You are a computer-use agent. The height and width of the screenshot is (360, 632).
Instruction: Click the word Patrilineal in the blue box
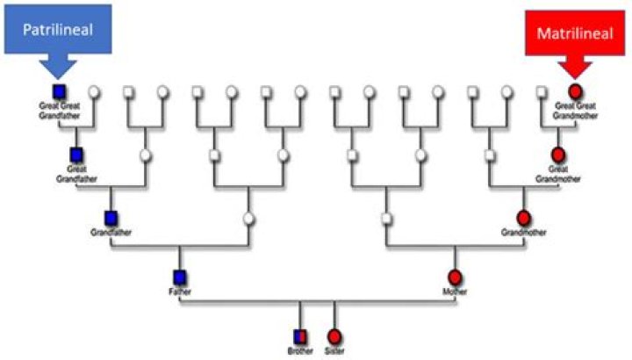58,30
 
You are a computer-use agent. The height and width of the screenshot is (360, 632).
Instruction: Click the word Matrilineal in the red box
575,33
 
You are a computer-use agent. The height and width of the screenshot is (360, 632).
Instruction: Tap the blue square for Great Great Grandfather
60,92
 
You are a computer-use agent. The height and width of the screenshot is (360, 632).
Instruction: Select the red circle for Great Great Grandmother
575,92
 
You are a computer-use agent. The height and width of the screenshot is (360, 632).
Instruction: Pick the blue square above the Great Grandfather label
76,155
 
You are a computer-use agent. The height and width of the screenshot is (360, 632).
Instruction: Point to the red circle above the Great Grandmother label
558,155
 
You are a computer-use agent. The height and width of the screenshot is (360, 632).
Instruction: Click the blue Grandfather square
111,219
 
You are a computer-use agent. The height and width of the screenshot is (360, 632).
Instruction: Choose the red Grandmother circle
523,219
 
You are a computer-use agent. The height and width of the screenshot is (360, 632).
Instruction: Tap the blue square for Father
180,277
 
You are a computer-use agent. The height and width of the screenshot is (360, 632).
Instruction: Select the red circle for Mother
455,277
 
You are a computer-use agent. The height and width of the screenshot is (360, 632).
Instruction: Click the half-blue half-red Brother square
300,336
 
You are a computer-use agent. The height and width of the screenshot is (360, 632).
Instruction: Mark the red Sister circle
334,336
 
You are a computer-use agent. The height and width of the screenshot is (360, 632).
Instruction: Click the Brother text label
300,350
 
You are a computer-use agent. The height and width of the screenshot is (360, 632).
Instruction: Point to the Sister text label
334,350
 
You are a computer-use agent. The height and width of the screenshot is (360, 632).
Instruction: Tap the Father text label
180,291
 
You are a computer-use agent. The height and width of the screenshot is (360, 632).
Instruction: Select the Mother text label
455,291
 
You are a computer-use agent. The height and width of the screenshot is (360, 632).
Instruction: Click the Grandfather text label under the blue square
111,232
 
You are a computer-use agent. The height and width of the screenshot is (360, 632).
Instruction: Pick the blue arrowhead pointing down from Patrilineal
58,68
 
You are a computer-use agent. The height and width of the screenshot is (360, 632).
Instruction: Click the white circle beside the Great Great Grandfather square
94,92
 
